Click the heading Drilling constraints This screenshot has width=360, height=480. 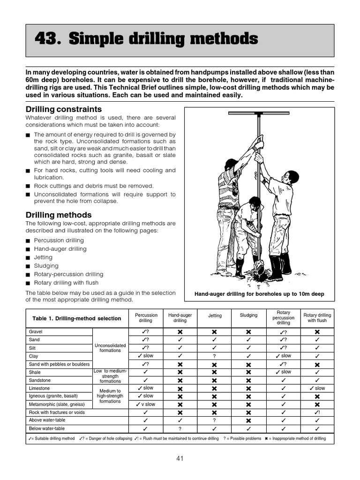[x=63, y=109]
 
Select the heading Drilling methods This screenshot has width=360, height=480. [x=59, y=215]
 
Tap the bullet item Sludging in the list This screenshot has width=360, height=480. [x=46, y=266]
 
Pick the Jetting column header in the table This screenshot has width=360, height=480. [x=215, y=316]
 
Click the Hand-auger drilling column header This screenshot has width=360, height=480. [x=180, y=318]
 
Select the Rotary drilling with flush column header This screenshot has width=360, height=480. [x=317, y=318]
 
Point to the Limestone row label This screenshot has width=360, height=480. [x=39, y=389]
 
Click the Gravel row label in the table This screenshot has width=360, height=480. [x=36, y=331]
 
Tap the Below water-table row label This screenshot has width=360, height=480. [x=47, y=428]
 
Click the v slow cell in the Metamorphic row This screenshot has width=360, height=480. [x=146, y=404]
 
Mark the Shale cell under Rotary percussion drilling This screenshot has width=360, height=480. [x=283, y=372]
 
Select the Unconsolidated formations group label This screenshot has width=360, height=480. [x=110, y=348]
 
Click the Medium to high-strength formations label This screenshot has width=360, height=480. [x=110, y=396]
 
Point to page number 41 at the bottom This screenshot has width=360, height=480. [x=180, y=458]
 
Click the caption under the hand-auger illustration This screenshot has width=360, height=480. [x=259, y=294]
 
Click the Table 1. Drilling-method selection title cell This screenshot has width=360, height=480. [x=76, y=318]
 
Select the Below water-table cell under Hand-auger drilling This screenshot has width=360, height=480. [x=180, y=428]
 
